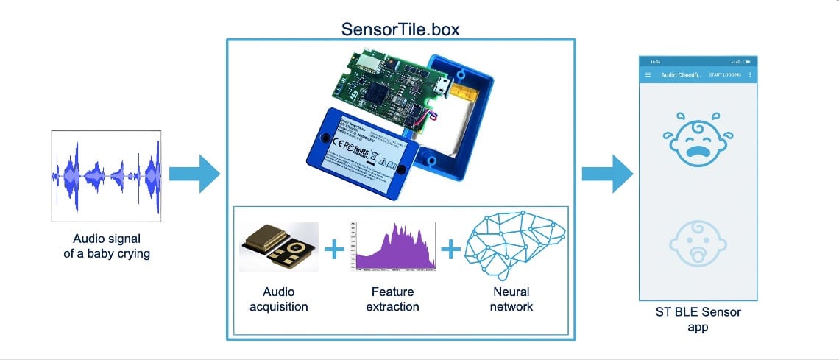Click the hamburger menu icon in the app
pyautogui.click(x=648, y=75)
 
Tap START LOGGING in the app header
pyautogui.click(x=724, y=75)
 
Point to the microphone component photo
pyautogui.click(x=279, y=247)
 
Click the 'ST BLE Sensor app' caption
pyautogui.click(x=698, y=319)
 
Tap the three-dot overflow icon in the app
pyautogui.click(x=750, y=75)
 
